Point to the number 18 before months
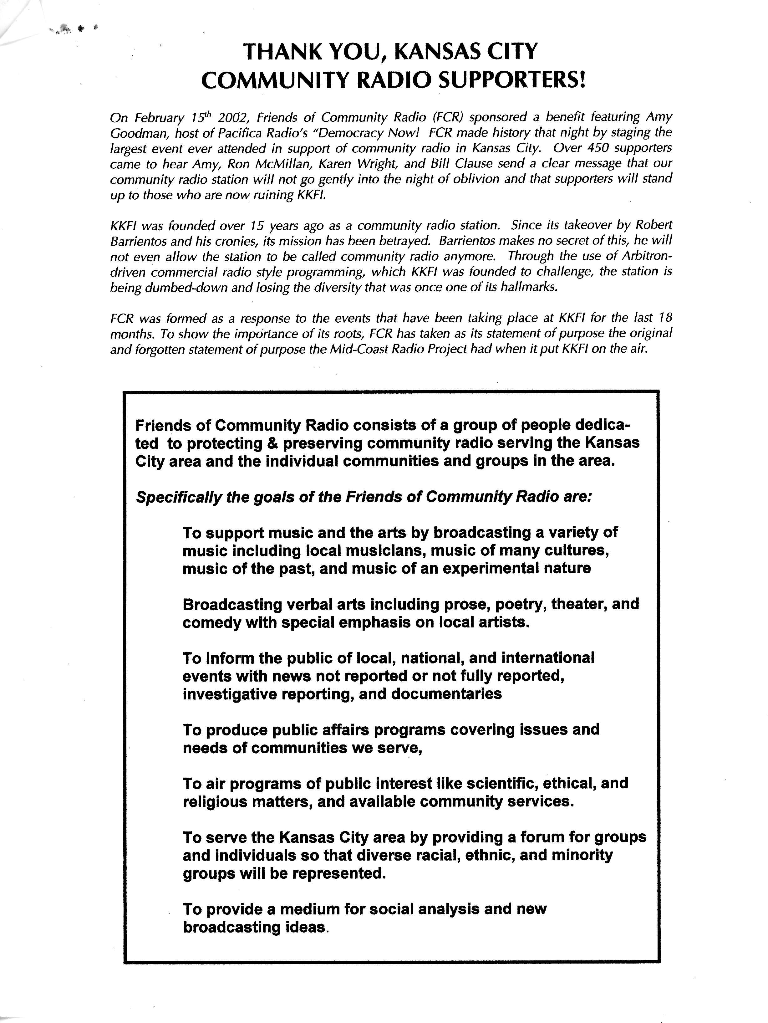(x=664, y=318)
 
